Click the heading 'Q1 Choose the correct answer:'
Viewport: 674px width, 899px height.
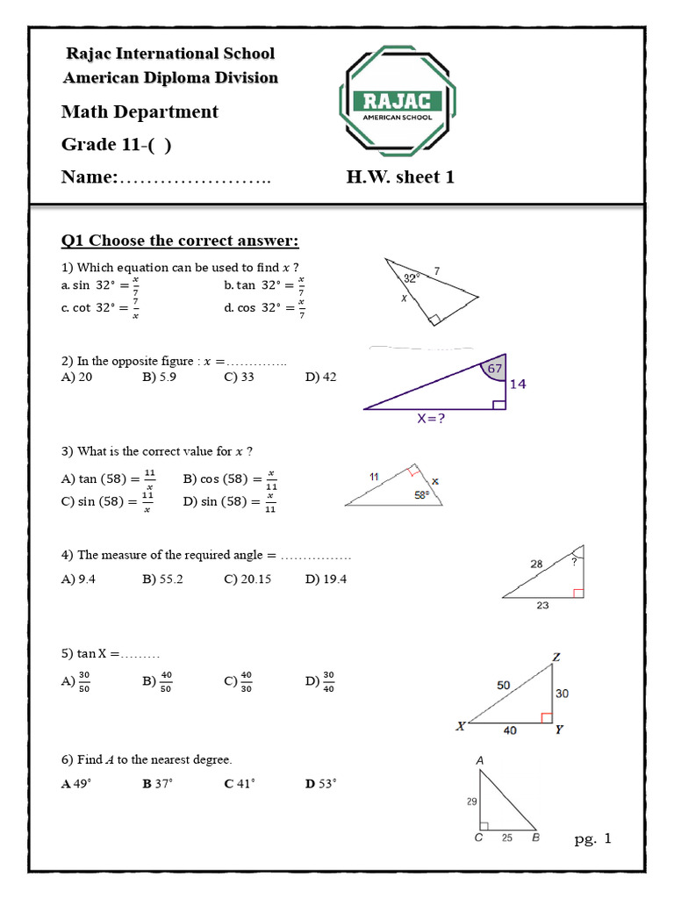[180, 241]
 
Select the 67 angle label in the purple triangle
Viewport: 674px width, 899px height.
[495, 369]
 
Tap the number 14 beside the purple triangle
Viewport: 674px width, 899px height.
[518, 384]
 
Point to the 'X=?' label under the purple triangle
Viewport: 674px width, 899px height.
[430, 419]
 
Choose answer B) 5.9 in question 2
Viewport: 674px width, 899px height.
[160, 377]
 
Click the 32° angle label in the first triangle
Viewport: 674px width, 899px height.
[410, 277]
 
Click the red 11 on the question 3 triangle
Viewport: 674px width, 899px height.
[374, 477]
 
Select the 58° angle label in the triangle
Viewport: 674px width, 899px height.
[421, 495]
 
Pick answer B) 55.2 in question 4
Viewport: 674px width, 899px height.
[162, 579]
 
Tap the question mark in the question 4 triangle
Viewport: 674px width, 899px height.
[574, 559]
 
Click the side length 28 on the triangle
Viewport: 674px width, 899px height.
[536, 565]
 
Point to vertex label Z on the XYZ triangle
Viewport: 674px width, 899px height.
[556, 657]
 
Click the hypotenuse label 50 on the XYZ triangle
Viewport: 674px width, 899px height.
[504, 684]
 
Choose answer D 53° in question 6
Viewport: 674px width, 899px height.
[321, 783]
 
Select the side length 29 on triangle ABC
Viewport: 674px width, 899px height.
[471, 802]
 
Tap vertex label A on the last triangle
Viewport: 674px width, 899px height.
[479, 759]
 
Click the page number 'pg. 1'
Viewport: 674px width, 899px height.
[592, 839]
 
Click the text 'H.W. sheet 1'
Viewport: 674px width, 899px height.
[400, 177]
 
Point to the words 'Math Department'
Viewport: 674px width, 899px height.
[140, 111]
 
